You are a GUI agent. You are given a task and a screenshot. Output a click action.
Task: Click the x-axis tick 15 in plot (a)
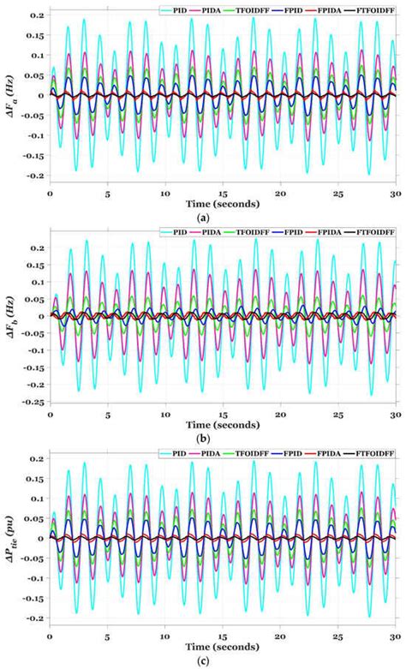pos(223,194)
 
